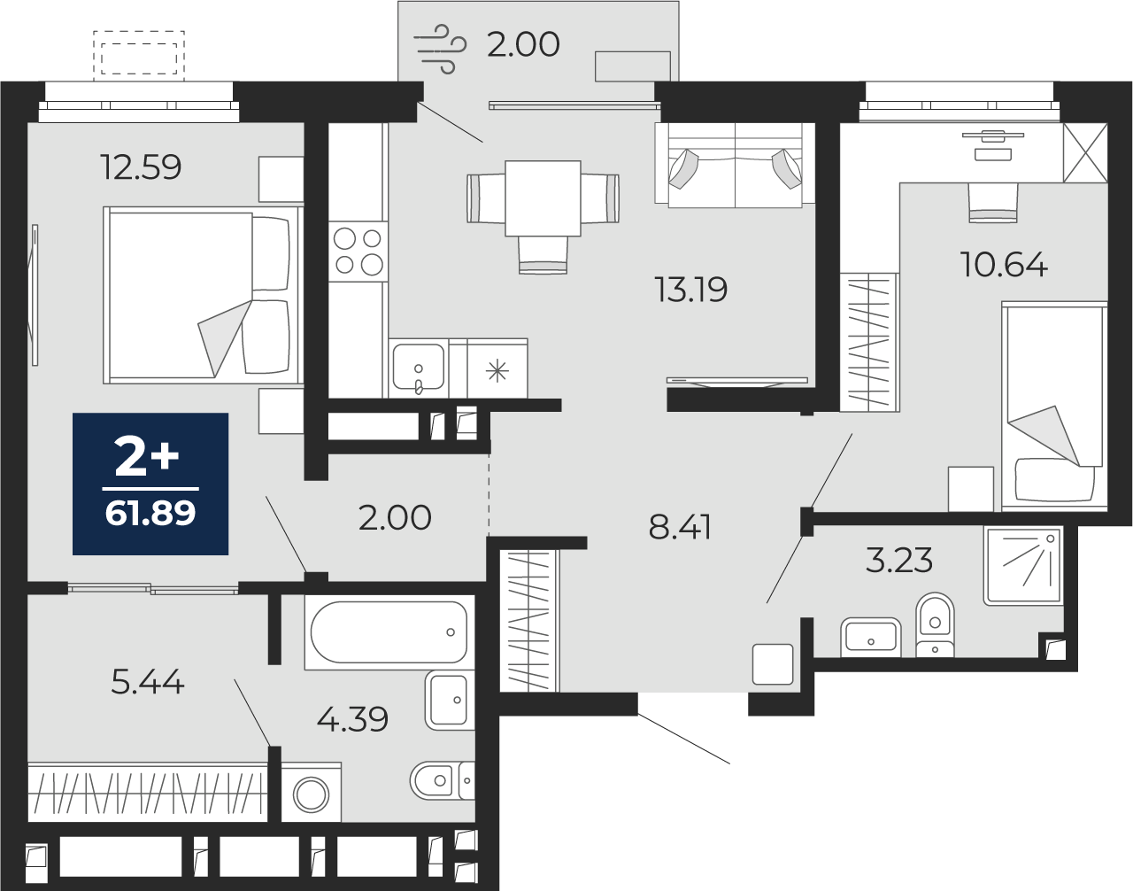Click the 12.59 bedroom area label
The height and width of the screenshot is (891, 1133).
coord(141,167)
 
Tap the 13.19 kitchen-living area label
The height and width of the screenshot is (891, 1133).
coord(690,290)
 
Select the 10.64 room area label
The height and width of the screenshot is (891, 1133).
coord(1004,265)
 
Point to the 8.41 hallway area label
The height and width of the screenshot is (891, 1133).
coord(680,527)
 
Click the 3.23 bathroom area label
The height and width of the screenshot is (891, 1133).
coord(899,561)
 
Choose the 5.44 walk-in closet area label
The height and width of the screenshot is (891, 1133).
coord(148,682)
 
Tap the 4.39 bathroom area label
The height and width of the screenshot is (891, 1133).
coord(352,719)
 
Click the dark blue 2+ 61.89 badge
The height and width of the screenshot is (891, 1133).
coord(150,484)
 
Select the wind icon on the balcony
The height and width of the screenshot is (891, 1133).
coord(440,49)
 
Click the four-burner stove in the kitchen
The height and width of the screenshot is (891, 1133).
coord(358,252)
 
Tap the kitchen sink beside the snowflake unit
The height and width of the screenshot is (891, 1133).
coord(419,368)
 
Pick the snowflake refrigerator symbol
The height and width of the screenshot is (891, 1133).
coord(497,370)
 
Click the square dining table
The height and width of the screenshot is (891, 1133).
coord(543,198)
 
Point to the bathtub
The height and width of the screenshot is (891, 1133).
coord(389,632)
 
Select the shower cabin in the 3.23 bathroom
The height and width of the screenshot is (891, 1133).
coord(1023,565)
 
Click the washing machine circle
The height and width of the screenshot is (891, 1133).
coord(312,794)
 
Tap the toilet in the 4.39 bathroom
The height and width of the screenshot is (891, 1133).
coord(443,780)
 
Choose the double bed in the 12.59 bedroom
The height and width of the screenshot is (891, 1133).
coord(204,295)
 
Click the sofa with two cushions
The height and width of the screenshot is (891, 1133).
coord(736,166)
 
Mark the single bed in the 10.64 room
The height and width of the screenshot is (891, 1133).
coord(1054,406)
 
